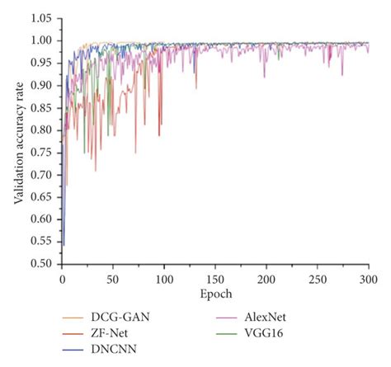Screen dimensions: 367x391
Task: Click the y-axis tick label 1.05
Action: [40, 18]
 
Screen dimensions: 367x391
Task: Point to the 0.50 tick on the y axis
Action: [40, 264]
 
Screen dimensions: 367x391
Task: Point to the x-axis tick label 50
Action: [113, 279]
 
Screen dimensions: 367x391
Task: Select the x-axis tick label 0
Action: [62, 279]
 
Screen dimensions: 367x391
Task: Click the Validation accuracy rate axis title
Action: [17, 140]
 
